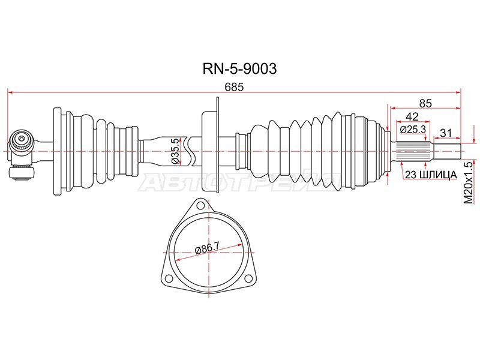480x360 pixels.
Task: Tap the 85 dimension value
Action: tap(425, 103)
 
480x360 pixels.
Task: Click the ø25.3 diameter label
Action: tap(412, 128)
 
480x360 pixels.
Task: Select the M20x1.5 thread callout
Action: tap(469, 184)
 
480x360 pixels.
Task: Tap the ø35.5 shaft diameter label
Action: tap(175, 151)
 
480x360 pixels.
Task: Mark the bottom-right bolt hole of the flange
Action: tap(249, 277)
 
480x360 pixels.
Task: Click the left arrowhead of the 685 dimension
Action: tap(9, 92)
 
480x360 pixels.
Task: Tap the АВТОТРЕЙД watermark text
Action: tap(234, 183)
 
